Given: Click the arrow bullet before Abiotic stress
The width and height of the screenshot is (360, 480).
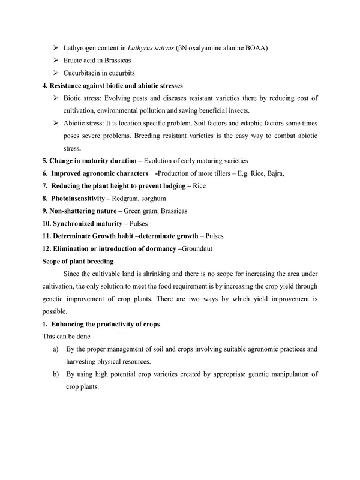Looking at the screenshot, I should (x=56, y=123).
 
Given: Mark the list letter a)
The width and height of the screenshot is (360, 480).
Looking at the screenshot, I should (x=56, y=349).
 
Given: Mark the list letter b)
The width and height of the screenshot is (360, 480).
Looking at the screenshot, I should (x=56, y=374).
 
